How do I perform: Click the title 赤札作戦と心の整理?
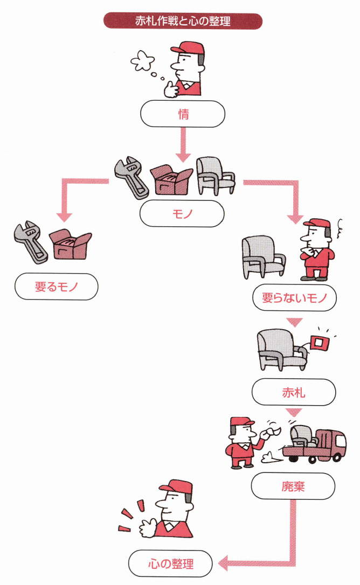(183, 21)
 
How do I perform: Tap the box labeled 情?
(182, 114)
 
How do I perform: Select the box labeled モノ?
(182, 214)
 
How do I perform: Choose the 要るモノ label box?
(57, 287)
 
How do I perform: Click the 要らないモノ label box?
(295, 298)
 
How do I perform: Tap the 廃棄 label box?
(293, 486)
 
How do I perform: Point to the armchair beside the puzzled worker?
(262, 256)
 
